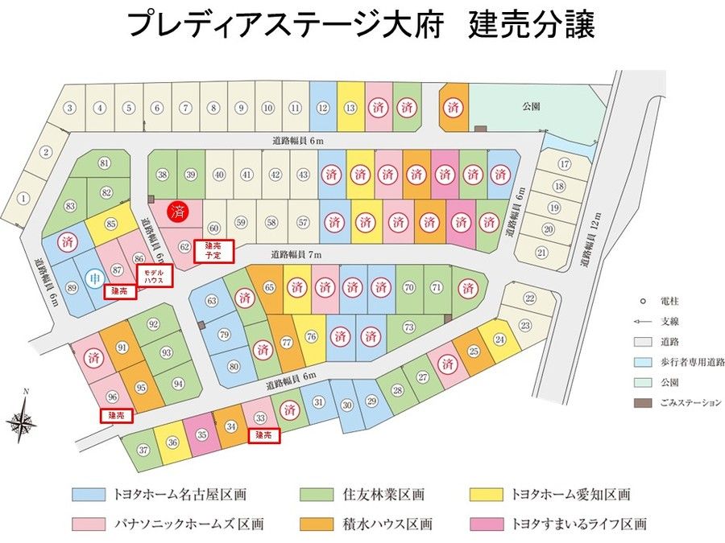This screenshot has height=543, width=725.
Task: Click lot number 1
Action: coord(23,198)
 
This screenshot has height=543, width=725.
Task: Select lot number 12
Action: coord(322,108)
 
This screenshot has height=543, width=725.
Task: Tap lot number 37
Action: coord(143,450)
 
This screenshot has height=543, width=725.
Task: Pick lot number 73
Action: coord(409,327)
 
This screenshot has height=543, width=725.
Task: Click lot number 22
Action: coord(529,298)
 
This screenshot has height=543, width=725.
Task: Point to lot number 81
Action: coord(104,163)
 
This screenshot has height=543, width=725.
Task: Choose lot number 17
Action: coord(564,164)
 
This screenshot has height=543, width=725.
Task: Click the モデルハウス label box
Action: coord(152,274)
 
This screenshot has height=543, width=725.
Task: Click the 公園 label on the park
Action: coord(529,105)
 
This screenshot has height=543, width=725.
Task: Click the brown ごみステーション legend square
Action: coord(642,403)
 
